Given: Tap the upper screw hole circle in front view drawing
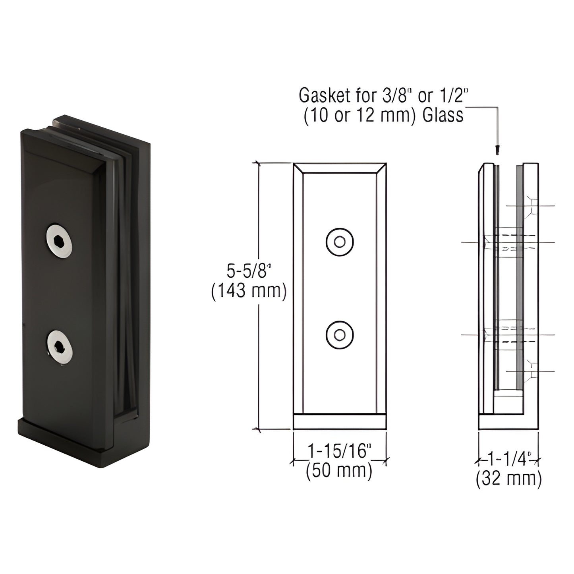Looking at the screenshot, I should click(340, 242).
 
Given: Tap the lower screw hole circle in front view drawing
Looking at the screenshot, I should click(340, 335).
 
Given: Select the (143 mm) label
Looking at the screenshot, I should click(249, 291).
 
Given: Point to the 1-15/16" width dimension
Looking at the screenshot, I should click(340, 451).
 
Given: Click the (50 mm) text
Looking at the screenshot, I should click(339, 471).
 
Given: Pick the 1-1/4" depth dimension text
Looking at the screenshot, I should click(509, 460).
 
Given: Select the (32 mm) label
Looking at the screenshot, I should click(509, 479).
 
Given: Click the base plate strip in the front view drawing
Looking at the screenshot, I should click(340, 422).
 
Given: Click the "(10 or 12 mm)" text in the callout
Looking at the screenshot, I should click(361, 116).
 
